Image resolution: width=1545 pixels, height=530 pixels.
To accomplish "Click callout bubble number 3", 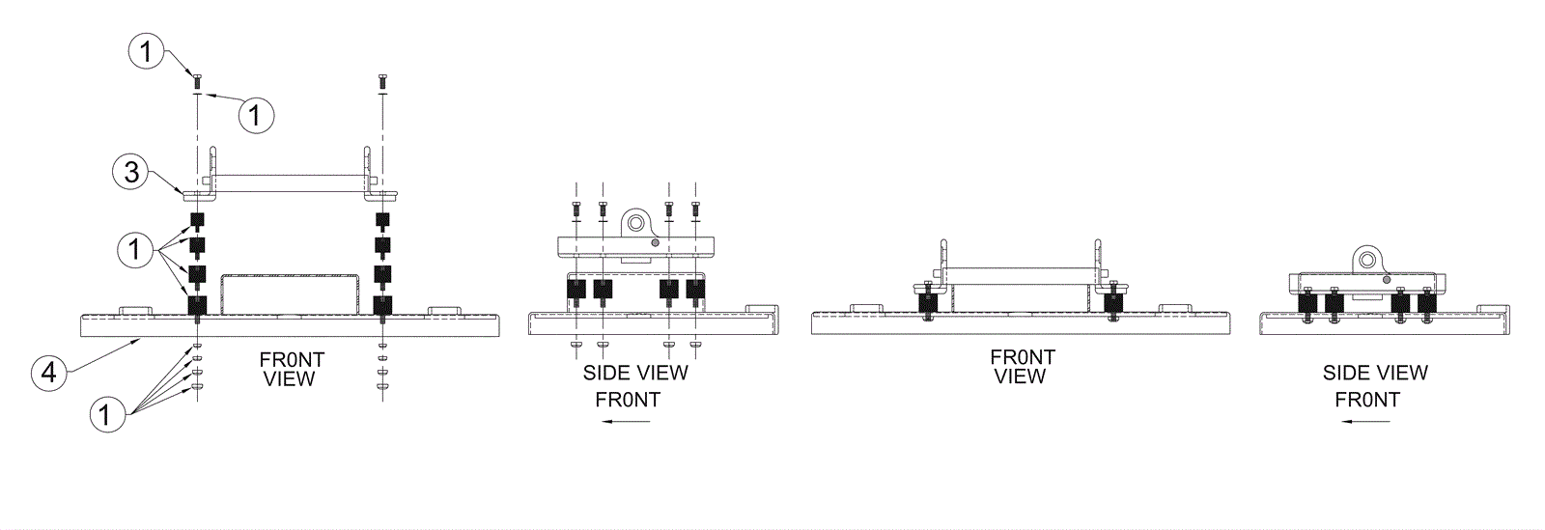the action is pos(131,173).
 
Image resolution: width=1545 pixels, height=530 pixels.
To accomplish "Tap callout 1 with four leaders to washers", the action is pos(108,415).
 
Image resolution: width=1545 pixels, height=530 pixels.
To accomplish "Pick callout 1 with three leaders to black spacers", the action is pos(135,250).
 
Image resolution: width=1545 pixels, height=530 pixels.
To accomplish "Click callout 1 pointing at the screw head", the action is pos(147,50).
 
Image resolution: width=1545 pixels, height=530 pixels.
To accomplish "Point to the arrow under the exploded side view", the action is pos(623,421).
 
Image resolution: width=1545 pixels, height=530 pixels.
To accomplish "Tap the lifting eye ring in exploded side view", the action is pos(636,223).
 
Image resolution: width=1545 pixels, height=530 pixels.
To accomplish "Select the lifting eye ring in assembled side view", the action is pos(1367,259).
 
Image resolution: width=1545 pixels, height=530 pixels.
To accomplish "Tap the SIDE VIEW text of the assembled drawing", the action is pos(1374,373).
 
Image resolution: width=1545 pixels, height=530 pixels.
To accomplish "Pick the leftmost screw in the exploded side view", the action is pos(576,208).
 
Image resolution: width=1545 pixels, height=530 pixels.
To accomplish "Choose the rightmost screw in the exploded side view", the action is pos(694,208).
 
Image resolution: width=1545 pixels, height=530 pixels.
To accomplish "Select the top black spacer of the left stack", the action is pos(197,220).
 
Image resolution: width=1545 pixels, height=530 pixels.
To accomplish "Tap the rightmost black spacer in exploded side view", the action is pos(695,289).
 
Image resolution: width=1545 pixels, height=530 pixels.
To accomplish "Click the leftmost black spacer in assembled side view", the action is pos(1308,306).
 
